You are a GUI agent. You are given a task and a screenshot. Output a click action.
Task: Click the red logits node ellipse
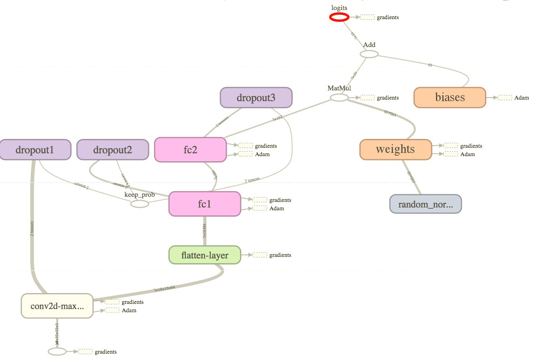[339, 17]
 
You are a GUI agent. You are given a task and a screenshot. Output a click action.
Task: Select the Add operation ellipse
[369, 54]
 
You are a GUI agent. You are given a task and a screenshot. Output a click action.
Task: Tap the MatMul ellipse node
[339, 98]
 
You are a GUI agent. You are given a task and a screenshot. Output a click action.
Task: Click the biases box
[450, 98]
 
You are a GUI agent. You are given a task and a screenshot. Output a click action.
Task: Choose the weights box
[395, 150]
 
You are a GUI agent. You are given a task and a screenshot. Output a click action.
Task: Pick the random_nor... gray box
[425, 204]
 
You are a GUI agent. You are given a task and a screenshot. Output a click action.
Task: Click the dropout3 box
[256, 98]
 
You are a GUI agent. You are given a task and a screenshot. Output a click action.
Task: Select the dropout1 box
[35, 150]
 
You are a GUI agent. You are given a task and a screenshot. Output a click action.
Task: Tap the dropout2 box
[112, 150]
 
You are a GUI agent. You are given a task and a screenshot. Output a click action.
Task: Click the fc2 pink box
[190, 150]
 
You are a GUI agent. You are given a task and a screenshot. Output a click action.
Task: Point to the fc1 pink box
[204, 204]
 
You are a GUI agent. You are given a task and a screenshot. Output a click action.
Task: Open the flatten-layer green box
[204, 255]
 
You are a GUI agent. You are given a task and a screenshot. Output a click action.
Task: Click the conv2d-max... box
[57, 306]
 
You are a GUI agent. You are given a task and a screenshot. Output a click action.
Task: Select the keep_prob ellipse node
[139, 204]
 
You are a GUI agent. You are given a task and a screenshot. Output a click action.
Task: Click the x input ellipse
[57, 352]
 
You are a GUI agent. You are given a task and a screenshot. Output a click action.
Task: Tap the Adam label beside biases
[521, 98]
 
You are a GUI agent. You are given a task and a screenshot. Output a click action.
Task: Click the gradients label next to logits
[387, 18]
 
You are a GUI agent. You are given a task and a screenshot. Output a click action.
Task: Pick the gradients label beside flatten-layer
[280, 255]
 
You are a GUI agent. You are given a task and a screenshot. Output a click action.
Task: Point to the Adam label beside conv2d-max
[129, 311]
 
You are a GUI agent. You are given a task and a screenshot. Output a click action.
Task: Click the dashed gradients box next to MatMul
[367, 98]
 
